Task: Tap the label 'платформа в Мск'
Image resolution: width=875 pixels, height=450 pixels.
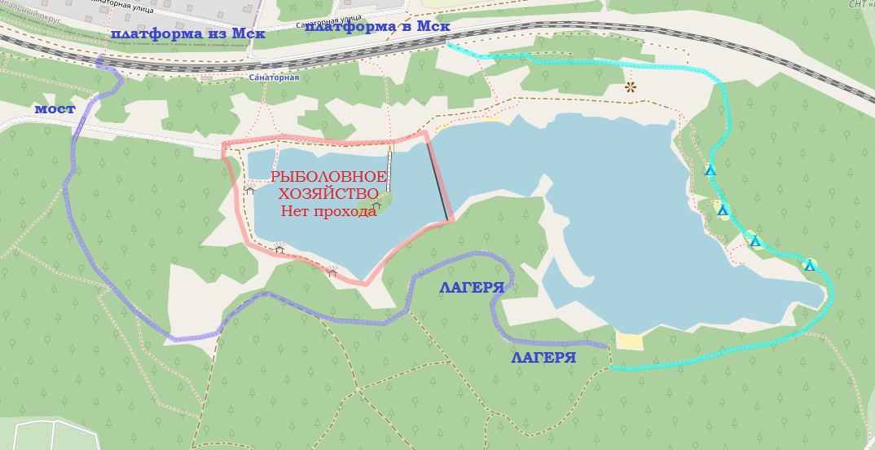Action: [377, 26]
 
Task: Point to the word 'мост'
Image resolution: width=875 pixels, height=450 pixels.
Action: [55, 108]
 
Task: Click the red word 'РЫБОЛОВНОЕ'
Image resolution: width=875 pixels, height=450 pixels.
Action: [328, 177]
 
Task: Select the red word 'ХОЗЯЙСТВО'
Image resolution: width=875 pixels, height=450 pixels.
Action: [328, 194]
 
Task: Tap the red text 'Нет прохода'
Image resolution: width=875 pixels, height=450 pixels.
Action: [328, 211]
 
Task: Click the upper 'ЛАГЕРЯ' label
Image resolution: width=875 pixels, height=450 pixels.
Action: [472, 288]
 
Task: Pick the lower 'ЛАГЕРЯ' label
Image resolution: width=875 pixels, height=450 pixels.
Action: [543, 358]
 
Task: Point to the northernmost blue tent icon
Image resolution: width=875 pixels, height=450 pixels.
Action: [710, 170]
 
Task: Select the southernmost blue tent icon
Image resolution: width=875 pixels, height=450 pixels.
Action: [810, 265]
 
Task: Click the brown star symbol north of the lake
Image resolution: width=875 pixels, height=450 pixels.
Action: [630, 86]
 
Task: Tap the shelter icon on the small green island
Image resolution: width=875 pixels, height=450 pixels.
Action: [376, 205]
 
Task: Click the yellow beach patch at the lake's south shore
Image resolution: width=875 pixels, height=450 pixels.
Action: [630, 341]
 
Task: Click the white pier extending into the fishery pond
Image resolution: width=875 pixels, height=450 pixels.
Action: [389, 171]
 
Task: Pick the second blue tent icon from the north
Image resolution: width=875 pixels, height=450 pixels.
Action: [722, 210]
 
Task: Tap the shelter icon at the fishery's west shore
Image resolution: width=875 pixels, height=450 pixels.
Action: [249, 189]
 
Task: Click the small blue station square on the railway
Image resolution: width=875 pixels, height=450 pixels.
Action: [275, 64]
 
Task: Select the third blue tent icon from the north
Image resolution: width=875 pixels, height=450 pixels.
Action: [755, 240]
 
